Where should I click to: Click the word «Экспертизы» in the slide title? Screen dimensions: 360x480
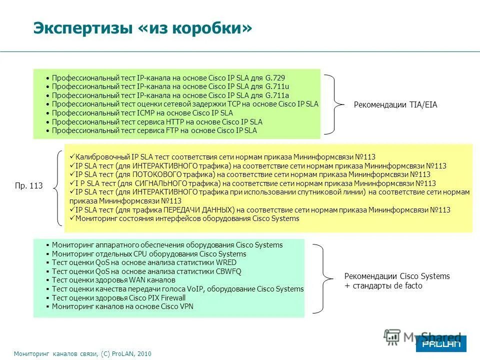(x=82, y=28)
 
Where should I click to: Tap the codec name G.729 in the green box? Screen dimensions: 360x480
(x=274, y=78)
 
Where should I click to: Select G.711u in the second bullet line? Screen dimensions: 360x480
(x=277, y=86)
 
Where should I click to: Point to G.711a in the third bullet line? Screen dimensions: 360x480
(x=277, y=95)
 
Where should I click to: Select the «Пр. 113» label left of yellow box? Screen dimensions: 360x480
(x=29, y=185)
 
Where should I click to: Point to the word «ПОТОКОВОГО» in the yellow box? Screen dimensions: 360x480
(x=166, y=174)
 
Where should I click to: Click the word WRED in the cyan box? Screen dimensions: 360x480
(x=225, y=262)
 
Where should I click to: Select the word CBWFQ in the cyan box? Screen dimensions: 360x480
(x=228, y=271)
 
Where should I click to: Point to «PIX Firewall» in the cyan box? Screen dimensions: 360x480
(x=163, y=297)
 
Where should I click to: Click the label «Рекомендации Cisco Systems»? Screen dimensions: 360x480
(x=397, y=276)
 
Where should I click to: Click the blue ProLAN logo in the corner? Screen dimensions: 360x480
(x=440, y=344)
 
